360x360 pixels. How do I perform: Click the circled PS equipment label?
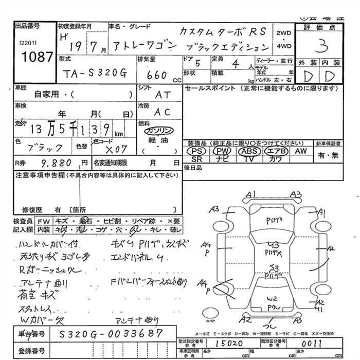coord(195,152)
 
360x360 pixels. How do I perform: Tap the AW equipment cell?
coord(300,151)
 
